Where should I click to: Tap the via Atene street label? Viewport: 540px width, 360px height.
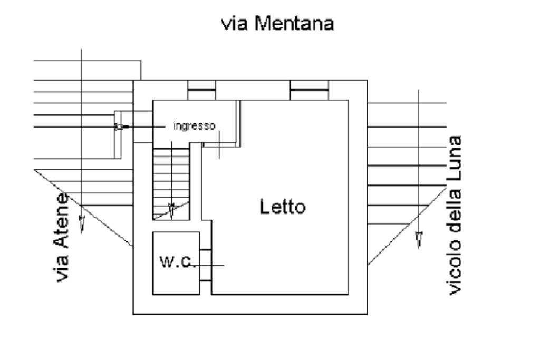[x=63, y=237]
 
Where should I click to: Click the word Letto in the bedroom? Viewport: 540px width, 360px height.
[x=282, y=207]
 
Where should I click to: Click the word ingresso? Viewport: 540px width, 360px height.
[x=195, y=127]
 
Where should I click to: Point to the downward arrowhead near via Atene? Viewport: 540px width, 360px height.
[x=82, y=223]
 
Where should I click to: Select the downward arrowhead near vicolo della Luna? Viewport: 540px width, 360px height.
[x=419, y=240]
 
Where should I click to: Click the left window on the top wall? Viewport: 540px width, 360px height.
[x=202, y=90]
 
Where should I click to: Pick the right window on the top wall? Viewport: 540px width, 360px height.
[x=309, y=90]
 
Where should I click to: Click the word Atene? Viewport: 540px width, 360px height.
[x=63, y=221]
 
